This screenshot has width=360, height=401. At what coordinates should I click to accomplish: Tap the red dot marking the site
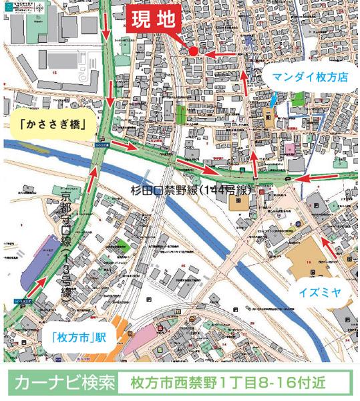pyautogui.click(x=192, y=51)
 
